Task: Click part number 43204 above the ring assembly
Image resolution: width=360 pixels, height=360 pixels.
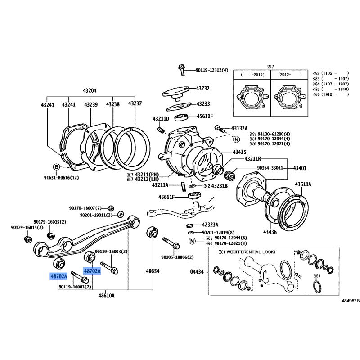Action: (x=90, y=91)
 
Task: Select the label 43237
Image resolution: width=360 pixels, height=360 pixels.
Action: (x=135, y=103)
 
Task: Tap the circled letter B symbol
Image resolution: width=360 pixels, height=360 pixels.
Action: (x=57, y=167)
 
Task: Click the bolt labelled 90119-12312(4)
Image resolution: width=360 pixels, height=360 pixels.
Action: (x=181, y=70)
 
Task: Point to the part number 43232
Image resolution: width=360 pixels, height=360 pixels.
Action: (x=203, y=88)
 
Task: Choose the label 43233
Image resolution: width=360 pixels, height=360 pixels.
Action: (x=203, y=104)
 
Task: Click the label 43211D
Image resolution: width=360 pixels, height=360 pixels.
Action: (x=161, y=119)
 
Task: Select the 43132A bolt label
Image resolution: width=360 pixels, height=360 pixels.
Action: (x=239, y=128)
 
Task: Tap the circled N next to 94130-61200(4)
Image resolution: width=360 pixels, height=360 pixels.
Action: (x=237, y=139)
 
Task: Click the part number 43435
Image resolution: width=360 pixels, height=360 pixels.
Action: (x=239, y=152)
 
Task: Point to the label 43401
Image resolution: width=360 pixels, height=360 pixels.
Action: (x=300, y=168)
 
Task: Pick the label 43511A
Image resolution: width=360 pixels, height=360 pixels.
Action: (x=303, y=184)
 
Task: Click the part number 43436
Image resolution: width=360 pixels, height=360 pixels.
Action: (x=270, y=232)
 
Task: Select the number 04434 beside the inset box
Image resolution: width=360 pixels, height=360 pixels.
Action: (x=197, y=272)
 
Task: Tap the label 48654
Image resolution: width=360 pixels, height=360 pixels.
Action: (x=153, y=271)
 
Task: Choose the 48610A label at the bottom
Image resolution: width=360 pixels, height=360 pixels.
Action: (x=107, y=296)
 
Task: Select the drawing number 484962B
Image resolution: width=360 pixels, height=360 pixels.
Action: (x=351, y=301)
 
